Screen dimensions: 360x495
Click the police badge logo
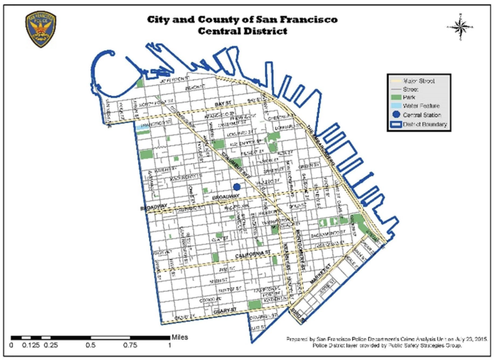click(x=40, y=28)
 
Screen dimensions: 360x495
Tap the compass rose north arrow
click(x=460, y=26)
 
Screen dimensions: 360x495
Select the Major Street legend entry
click(x=412, y=82)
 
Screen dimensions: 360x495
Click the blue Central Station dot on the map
click(x=237, y=187)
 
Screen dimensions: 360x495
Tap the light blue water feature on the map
click(x=148, y=126)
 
